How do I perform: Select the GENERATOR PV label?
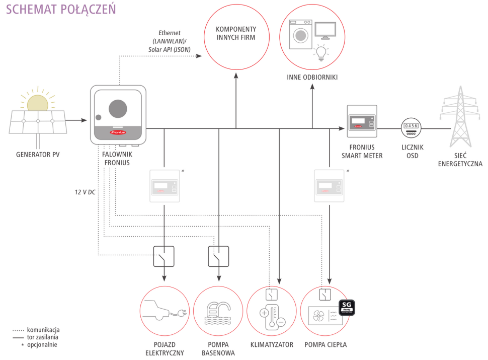click(37, 154)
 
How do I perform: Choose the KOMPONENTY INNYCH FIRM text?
click(236, 33)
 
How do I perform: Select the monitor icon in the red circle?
click(325, 30)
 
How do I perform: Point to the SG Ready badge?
click(347, 306)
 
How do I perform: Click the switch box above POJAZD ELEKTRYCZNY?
click(164, 256)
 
